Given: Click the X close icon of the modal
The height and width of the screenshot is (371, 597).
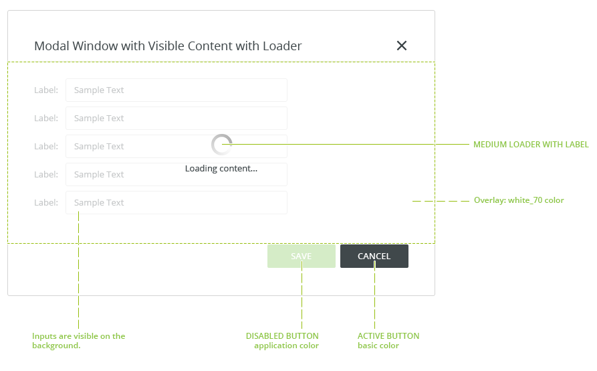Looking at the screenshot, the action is [402, 46].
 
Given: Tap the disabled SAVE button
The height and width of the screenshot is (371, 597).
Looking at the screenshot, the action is [301, 256].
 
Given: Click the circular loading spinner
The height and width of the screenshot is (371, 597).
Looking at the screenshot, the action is [221, 145].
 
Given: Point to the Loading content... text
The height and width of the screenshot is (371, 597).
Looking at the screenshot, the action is [221, 169].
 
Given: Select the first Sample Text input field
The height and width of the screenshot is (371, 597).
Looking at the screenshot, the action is [176, 90].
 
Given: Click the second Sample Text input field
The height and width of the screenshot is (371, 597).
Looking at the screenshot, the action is [176, 119].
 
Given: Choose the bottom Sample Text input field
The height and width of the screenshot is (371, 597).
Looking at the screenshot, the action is [176, 202].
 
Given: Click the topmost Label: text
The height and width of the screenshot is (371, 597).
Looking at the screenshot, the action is [46, 90].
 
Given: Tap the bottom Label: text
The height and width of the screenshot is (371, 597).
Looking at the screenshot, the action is [46, 202].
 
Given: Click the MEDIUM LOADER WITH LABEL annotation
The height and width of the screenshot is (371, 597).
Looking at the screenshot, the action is [531, 145].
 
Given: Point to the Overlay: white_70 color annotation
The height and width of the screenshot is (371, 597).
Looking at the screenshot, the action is [519, 200].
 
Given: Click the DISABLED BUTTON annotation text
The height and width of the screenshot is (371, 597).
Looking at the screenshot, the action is [282, 336].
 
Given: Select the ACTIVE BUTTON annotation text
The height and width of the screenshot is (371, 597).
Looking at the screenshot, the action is [388, 336].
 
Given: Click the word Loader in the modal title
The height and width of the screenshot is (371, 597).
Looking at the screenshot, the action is [282, 46].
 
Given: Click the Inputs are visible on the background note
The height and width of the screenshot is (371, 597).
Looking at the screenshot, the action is [78, 340].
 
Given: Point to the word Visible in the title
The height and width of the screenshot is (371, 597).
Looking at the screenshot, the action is [166, 46].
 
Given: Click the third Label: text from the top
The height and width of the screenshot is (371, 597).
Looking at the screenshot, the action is [46, 147].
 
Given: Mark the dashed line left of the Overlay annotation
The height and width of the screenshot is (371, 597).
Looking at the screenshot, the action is [441, 201].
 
